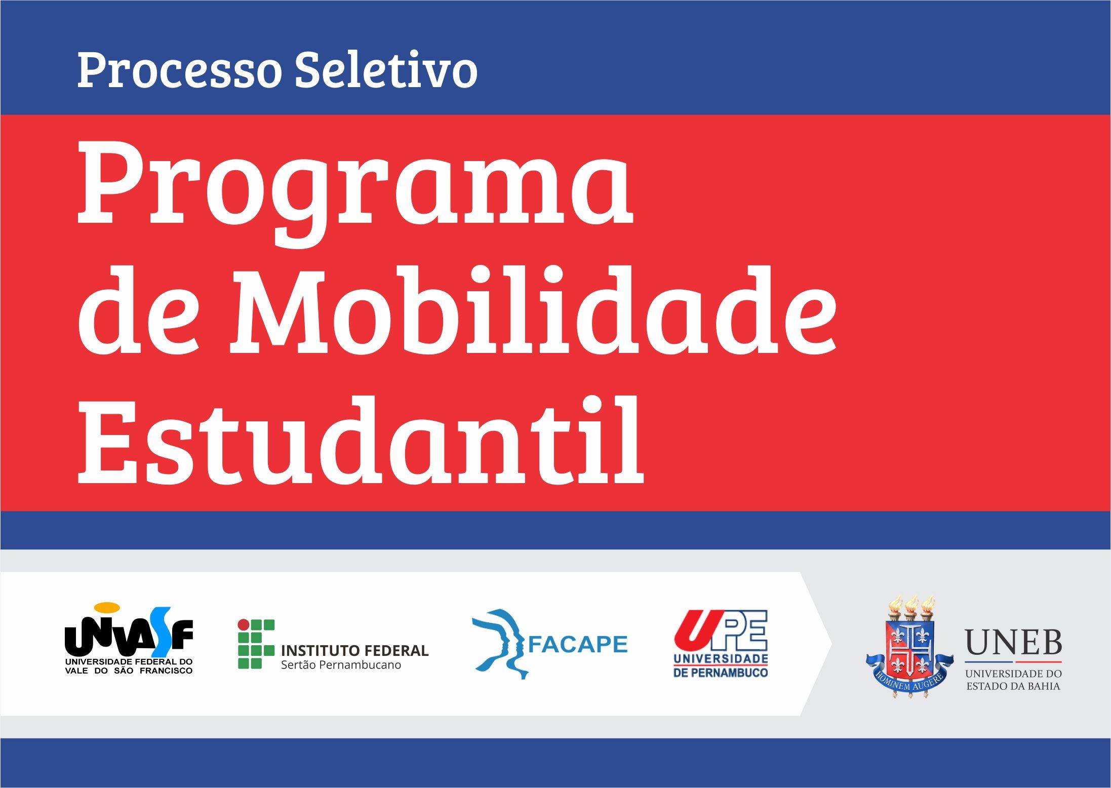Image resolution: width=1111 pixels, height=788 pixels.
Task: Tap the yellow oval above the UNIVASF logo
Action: pyautogui.click(x=107, y=607)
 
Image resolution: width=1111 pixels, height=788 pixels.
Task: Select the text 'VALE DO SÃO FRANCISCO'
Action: pyautogui.click(x=129, y=671)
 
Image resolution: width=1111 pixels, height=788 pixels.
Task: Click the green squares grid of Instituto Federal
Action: pyautogui.click(x=256, y=644)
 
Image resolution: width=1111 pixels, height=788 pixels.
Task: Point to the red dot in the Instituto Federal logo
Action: pyautogui.click(x=244, y=624)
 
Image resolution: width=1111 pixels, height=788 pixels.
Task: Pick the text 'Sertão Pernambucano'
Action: pyautogui.click(x=341, y=665)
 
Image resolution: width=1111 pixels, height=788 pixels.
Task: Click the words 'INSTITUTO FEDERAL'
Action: pyautogui.click(x=354, y=650)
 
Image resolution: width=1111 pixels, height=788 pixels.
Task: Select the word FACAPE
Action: pyautogui.click(x=578, y=644)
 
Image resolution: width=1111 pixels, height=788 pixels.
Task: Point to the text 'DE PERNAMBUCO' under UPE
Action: pyautogui.click(x=721, y=673)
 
